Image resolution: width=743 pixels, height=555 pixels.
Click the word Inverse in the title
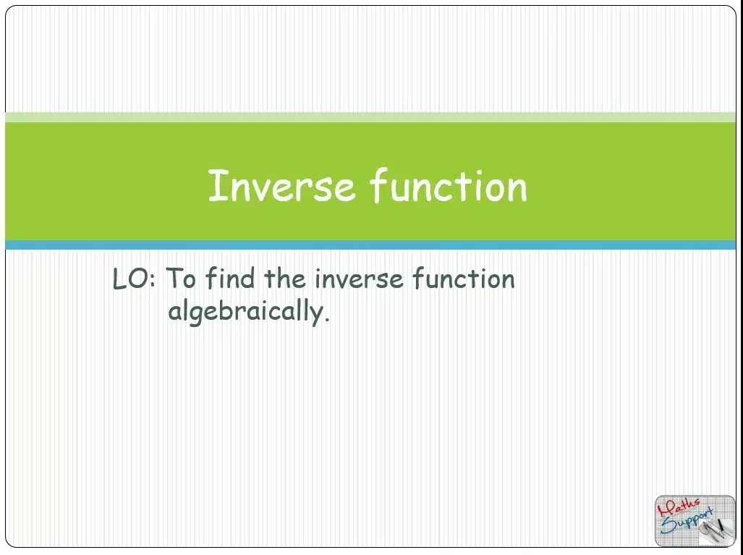[281, 186]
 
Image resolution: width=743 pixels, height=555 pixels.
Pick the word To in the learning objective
[181, 278]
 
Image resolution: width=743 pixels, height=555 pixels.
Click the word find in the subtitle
[230, 278]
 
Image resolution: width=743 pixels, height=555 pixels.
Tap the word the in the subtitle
[285, 278]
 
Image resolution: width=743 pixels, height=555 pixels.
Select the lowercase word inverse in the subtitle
[359, 279]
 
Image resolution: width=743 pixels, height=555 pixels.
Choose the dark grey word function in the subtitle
[464, 278]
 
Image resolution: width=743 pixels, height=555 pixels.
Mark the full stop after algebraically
[327, 320]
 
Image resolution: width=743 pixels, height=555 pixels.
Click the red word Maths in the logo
[679, 508]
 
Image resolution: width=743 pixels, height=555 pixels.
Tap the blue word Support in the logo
[687, 521]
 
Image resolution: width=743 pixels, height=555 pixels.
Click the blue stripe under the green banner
[370, 245]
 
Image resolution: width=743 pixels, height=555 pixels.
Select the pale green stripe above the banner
[370, 117]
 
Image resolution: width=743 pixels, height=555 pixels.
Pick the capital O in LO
[138, 279]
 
